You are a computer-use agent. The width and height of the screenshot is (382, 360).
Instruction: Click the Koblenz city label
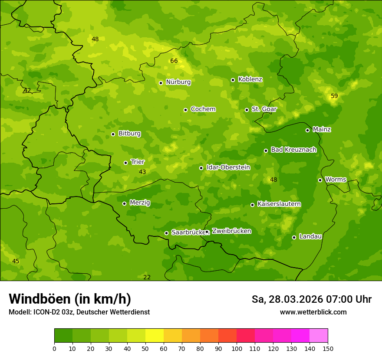[250, 79]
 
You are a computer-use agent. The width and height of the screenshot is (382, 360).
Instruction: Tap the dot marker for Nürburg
[161, 83]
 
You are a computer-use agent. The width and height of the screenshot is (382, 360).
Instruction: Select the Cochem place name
[203, 109]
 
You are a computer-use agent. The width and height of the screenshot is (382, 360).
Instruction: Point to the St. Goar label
[264, 109]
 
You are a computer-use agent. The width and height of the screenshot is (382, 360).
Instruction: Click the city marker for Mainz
[307, 130]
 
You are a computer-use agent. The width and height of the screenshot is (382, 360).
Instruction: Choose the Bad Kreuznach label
[293, 150]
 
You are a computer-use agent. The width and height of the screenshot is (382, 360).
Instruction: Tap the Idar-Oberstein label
[228, 167]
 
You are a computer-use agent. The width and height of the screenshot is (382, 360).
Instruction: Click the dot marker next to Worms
[320, 180]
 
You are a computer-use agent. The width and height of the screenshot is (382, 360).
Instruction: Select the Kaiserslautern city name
[279, 204]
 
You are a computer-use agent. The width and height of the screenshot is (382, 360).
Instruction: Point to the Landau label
[310, 236]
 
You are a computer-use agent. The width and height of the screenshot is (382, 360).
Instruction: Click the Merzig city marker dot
[124, 203]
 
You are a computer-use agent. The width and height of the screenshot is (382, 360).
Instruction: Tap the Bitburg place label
[129, 134]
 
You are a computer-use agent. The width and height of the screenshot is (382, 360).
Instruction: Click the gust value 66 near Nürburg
[174, 61]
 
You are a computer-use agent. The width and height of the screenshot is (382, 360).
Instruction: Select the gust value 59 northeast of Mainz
[334, 96]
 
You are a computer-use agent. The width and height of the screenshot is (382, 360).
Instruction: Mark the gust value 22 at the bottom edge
[147, 277]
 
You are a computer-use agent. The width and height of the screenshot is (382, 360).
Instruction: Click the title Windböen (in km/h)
[70, 299]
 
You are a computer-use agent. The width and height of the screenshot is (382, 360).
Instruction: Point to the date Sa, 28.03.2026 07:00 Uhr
[311, 299]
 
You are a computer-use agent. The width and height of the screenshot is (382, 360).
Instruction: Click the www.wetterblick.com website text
[313, 312]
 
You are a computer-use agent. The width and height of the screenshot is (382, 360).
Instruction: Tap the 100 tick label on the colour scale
[237, 348]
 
